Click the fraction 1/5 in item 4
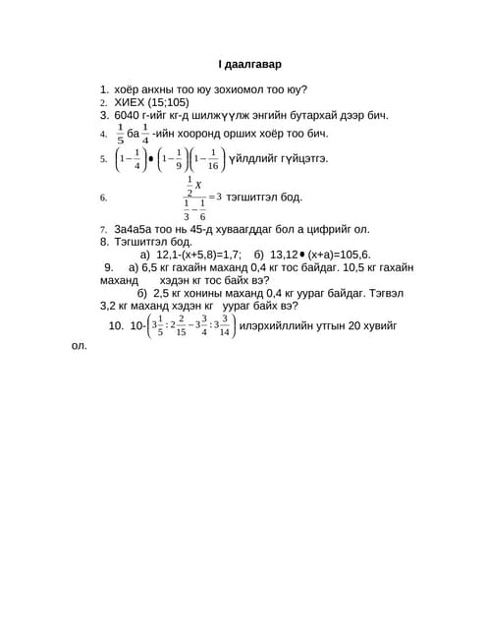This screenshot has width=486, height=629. click(120, 134)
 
